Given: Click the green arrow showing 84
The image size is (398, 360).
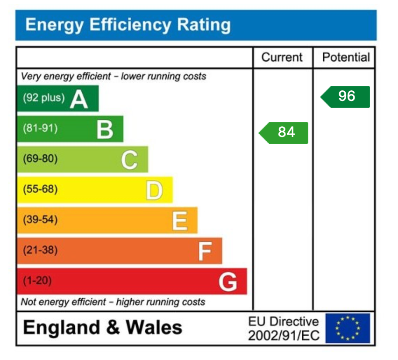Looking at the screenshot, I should tap(284, 132).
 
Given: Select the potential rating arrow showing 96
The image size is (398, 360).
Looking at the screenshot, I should tap(345, 96).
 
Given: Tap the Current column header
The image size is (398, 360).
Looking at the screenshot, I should tap(282, 58).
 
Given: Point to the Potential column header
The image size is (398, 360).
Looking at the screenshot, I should tap(346, 58).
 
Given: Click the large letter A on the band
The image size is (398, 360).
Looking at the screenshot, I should tap(79, 99).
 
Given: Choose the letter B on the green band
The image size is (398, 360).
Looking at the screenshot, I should tap(105, 130).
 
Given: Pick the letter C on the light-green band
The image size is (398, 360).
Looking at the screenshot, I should tap(129, 160).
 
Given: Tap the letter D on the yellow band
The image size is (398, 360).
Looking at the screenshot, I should tap(154, 190).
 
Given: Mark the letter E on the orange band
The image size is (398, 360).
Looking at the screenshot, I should tap(179, 221).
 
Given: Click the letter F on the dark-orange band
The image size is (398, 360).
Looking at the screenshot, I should tap(204, 252).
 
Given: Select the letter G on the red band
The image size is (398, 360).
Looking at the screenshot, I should tap(228, 282).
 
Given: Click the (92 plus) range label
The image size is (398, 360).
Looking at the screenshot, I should tap(43, 98).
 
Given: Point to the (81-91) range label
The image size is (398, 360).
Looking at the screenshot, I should tap(40, 129).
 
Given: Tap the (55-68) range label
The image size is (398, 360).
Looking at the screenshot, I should tap(40, 189).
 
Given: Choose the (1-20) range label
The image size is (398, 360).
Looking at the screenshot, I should tap(37, 281).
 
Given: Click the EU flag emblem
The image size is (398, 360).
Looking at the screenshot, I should tap(348, 328).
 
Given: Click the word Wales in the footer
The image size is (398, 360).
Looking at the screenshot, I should tap(154, 327).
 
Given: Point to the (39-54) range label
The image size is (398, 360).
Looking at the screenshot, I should tap(40, 220).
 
